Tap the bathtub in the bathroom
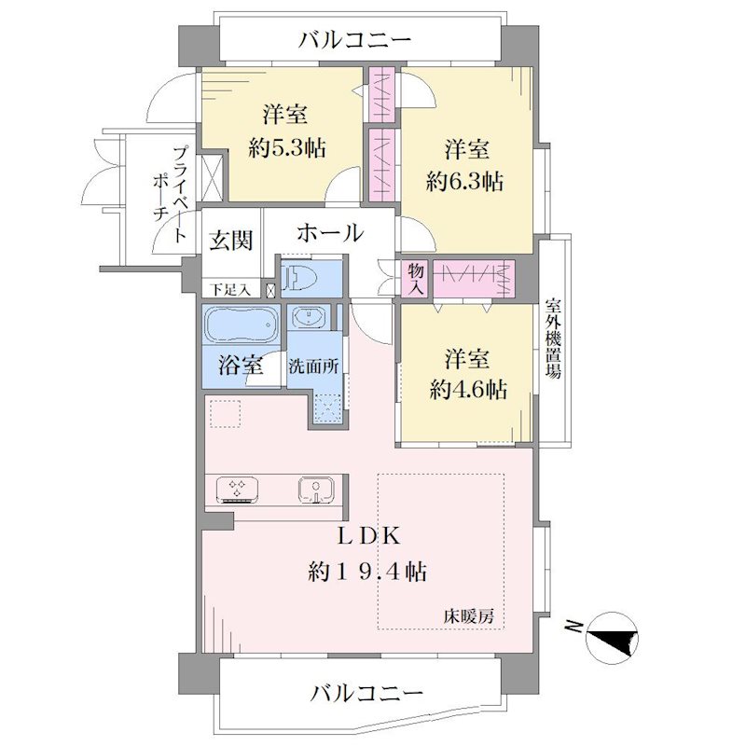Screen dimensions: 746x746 coord(242,325)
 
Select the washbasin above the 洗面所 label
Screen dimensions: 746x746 coord(310,317)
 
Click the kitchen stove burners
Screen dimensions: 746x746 coord(238,490)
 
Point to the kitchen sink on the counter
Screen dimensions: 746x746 coord(316,490)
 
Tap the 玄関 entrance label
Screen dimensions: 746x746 coord(230,240)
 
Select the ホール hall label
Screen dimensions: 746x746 coord(330,232)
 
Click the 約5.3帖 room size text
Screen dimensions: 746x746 coord(286,148)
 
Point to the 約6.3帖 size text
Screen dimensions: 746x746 coord(464,181)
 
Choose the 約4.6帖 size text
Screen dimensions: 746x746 coord(468,390)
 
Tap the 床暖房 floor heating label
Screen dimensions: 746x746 coord(469,616)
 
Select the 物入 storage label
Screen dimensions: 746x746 coord(416,279)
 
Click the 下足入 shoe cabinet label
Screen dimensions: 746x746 coord(230,290)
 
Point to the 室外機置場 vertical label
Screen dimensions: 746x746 coord(553,338)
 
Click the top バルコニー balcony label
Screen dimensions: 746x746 coord(354,40)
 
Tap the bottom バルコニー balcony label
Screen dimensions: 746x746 coord(366,692)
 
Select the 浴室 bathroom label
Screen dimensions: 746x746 coord(241,365)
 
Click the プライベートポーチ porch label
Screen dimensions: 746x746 coord(170,194)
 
